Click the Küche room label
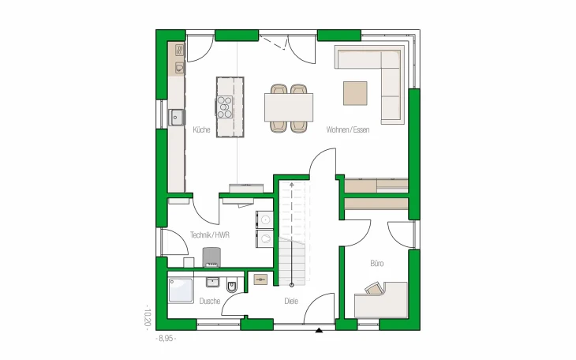click(x=201, y=129)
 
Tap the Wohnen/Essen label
click(x=347, y=129)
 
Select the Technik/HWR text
click(x=210, y=235)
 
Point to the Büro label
click(x=377, y=263)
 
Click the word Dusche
click(x=210, y=301)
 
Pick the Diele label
click(x=291, y=301)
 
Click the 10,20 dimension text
click(x=148, y=317)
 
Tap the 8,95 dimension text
click(x=166, y=339)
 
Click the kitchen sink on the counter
click(x=177, y=118)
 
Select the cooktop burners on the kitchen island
click(x=224, y=107)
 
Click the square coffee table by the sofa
click(x=355, y=93)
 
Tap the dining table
click(x=289, y=107)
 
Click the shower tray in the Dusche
click(x=181, y=291)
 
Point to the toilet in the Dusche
click(x=232, y=286)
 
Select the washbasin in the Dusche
click(x=213, y=282)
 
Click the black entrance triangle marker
click(x=319, y=330)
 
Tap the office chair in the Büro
click(x=374, y=288)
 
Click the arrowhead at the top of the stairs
click(x=292, y=185)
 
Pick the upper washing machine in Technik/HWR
click(x=264, y=220)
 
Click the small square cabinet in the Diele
click(x=260, y=279)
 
